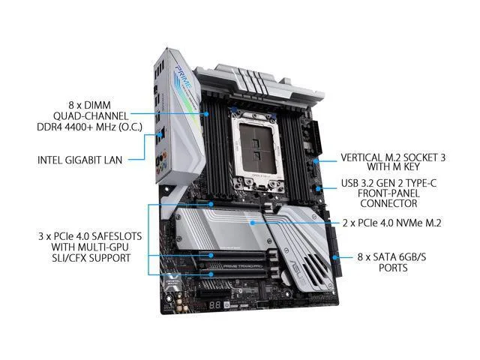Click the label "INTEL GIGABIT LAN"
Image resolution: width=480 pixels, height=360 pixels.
coord(80,160)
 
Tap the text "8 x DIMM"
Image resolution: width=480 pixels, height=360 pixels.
coord(90,105)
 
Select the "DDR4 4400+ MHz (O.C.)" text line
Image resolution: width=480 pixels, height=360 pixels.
coord(90,127)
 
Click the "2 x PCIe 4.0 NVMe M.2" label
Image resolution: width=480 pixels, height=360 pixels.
coord(391,223)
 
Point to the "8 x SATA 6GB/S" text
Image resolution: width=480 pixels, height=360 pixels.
coord(391,256)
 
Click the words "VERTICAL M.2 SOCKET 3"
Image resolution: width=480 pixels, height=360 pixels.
coord(393,157)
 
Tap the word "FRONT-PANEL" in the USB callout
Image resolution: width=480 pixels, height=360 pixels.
coord(388,193)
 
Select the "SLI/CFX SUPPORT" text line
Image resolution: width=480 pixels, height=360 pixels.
coord(91,258)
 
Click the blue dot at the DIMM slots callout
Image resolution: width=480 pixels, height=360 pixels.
coord(207,114)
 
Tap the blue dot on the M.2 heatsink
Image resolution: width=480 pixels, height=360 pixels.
coord(252,223)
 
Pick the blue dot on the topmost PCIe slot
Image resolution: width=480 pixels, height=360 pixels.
coord(211,204)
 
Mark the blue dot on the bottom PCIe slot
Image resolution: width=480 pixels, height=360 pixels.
coord(211,274)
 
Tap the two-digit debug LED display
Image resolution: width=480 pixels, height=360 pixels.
coord(215,305)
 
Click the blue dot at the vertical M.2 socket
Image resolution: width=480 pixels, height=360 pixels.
coord(315,161)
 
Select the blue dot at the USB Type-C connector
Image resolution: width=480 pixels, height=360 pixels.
coord(318,188)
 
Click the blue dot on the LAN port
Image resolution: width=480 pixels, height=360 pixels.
coord(160,134)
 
